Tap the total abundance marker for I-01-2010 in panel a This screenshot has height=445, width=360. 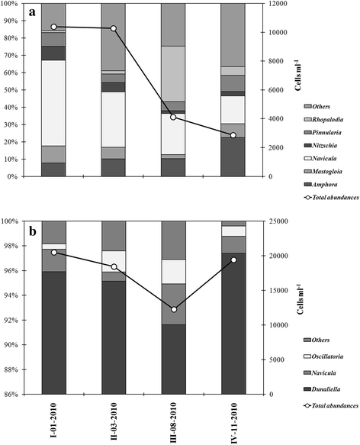click(x=53, y=27)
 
